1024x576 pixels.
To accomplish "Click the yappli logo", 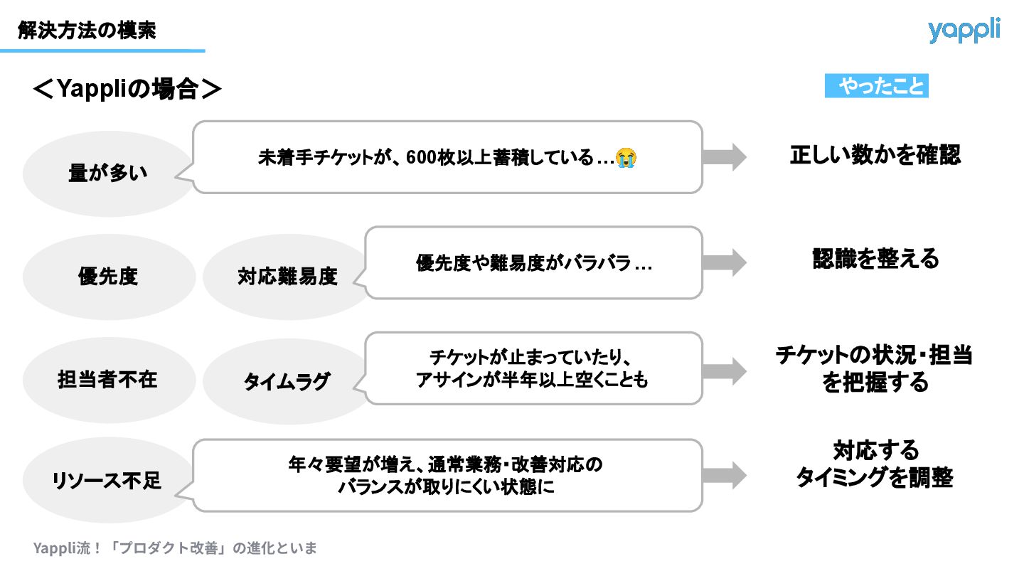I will click(964, 31).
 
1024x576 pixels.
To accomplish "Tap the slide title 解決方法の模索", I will click(87, 31).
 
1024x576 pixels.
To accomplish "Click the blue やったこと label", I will click(877, 87).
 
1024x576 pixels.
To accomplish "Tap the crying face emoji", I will click(626, 158).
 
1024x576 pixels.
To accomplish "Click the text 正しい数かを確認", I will click(875, 155).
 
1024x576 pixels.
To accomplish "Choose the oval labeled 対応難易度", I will click(287, 277).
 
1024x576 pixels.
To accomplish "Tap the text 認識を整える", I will click(875, 259).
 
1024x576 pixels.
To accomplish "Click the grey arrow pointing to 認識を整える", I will click(725, 262).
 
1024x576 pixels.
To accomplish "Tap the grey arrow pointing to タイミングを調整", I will click(725, 475).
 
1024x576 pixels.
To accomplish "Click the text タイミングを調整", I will click(874, 478).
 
